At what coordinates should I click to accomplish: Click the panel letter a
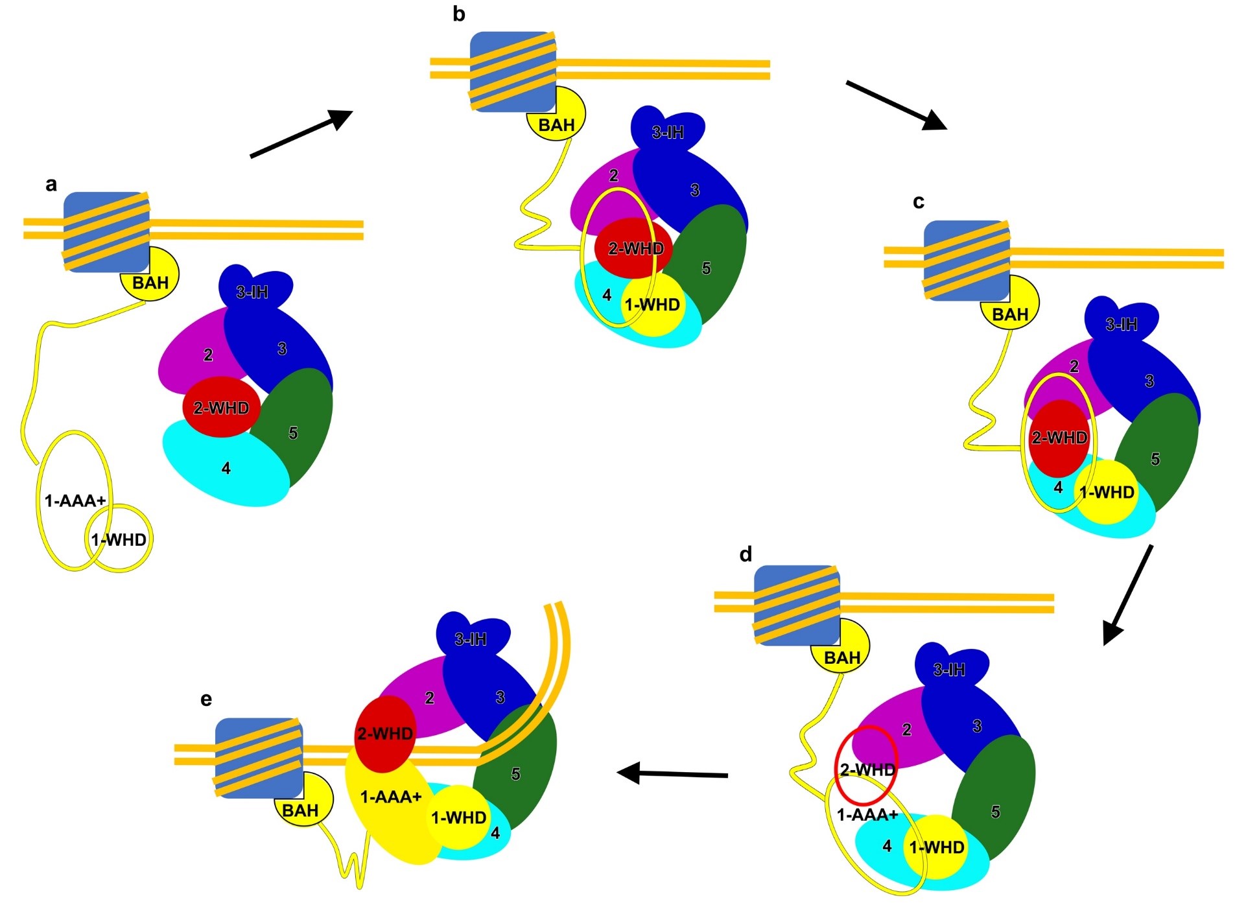tap(51, 185)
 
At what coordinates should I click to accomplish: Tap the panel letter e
tap(206, 699)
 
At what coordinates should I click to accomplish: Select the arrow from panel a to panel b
tap(301, 134)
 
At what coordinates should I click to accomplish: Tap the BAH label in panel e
tap(300, 810)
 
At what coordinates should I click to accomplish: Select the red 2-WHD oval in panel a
tap(221, 407)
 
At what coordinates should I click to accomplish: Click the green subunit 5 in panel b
tap(710, 266)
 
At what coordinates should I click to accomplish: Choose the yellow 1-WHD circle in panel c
tap(1107, 493)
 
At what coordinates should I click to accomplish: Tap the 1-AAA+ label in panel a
tap(75, 500)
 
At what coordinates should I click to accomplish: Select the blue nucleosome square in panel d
tap(797, 605)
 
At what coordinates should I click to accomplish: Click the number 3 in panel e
tap(500, 698)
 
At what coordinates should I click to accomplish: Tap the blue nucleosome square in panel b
tap(513, 71)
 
